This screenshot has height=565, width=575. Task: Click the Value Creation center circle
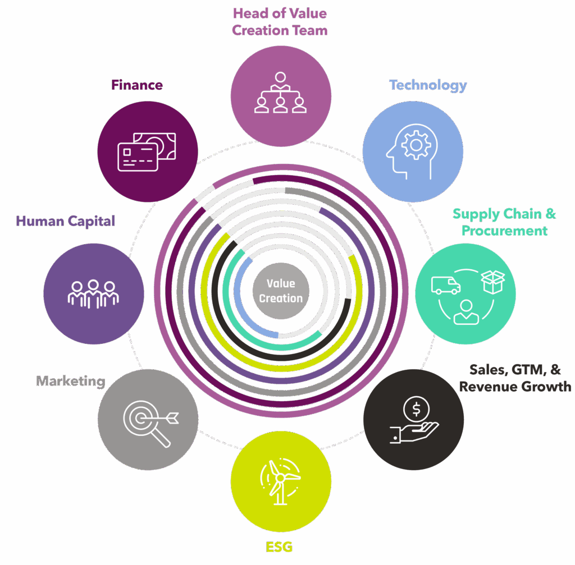click(x=281, y=291)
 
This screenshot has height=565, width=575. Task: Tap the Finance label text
click(x=137, y=85)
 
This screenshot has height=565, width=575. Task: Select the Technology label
click(x=428, y=85)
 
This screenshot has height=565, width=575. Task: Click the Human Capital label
click(x=66, y=221)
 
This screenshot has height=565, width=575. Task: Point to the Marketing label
click(x=71, y=382)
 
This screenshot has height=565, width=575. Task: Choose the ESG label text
click(x=279, y=546)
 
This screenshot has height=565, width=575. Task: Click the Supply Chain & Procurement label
click(x=504, y=222)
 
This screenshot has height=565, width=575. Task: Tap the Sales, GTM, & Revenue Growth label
click(x=515, y=378)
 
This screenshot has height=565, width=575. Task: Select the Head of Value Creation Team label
click(x=280, y=21)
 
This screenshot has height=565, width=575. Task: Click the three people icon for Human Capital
click(x=93, y=293)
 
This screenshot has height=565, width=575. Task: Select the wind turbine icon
click(x=280, y=478)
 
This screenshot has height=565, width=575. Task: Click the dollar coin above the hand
click(x=416, y=409)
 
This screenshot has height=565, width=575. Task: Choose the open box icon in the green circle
click(x=492, y=282)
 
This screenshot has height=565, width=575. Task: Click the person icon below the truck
click(x=466, y=312)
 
